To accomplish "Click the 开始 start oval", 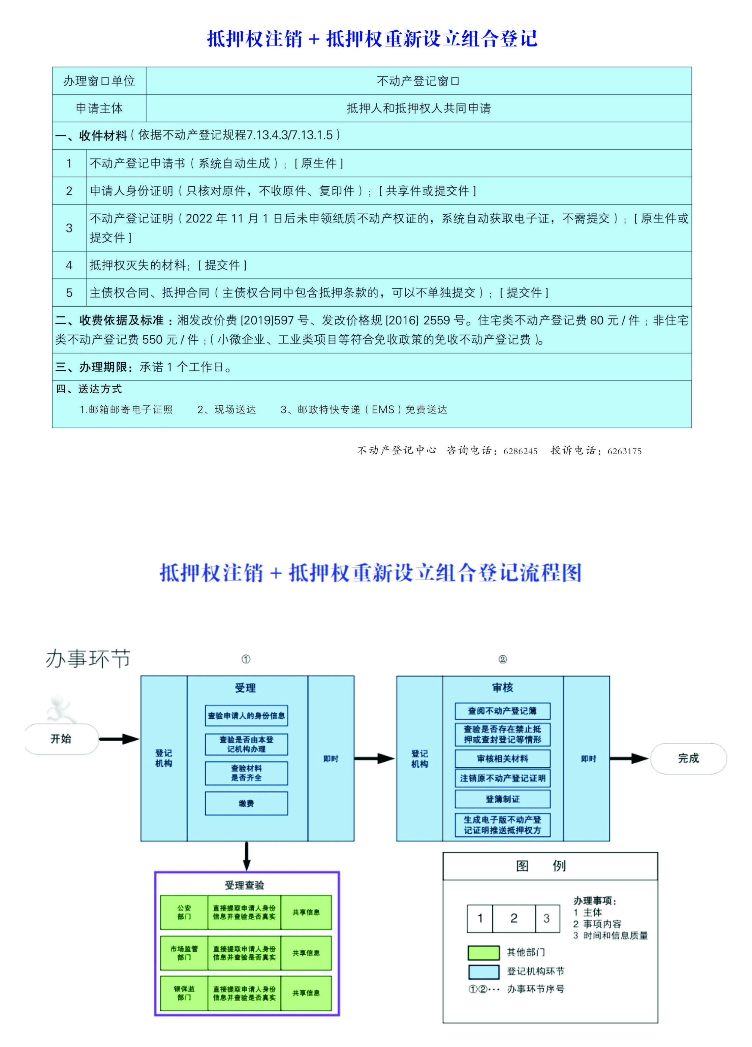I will pos(61,739).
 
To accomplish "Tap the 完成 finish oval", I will pos(688,759).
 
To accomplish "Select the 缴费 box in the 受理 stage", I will pos(246,804).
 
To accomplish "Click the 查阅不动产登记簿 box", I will pos(502,711).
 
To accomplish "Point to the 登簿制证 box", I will pos(502,799).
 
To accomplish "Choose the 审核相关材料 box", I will pos(502,759).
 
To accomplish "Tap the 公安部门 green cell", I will pos(184,912).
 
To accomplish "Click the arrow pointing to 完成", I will pos(629,759).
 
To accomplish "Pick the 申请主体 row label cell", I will pos(99,109).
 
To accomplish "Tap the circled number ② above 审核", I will pos(502,659).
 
